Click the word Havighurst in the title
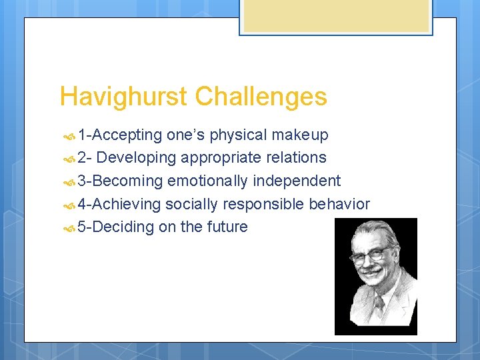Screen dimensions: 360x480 (124, 97)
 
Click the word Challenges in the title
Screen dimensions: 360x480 (261, 97)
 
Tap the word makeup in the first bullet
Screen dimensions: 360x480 (301, 135)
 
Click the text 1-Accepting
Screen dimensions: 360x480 (119, 135)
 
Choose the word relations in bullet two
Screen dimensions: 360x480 (295, 158)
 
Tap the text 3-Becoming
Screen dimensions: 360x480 (120, 181)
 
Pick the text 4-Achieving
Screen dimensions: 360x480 (119, 204)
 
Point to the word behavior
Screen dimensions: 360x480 (339, 204)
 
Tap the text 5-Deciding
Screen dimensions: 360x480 (116, 227)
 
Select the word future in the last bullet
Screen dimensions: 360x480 (227, 227)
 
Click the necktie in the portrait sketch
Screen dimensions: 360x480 (379, 307)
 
